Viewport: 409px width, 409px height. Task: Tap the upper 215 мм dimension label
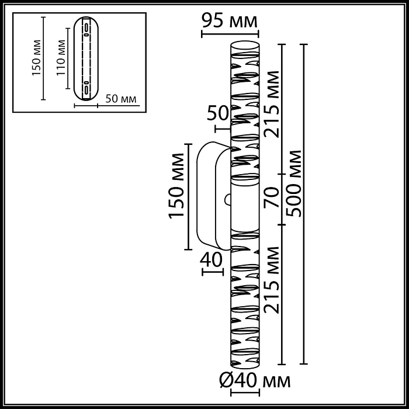pos(271,104)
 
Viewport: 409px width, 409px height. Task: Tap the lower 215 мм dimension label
pos(271,280)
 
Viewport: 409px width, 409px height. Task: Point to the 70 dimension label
pos(271,199)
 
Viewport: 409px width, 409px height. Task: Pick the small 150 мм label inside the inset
pos(34,58)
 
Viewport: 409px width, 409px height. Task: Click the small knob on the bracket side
pos(228,200)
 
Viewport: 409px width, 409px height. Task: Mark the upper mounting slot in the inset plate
pos(85,30)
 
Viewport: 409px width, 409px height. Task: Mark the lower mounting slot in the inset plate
pos(85,89)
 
